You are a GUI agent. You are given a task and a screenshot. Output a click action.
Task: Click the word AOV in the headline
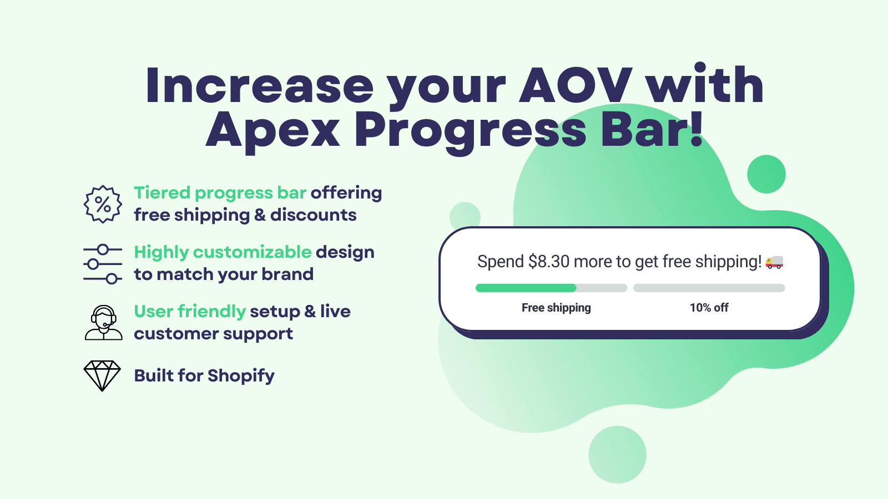click(x=576, y=86)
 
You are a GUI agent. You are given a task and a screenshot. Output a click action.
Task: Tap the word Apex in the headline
click(x=273, y=130)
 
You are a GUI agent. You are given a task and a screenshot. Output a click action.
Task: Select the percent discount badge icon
click(x=103, y=204)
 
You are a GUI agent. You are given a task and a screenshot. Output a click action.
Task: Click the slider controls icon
click(x=103, y=264)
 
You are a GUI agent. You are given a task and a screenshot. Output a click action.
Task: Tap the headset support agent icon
click(x=103, y=323)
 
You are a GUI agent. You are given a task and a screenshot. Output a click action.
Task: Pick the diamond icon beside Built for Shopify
click(x=102, y=375)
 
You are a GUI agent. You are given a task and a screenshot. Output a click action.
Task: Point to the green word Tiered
click(x=162, y=193)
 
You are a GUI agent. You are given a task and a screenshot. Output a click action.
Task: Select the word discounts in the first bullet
click(x=314, y=215)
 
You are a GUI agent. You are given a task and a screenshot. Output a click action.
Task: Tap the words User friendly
click(x=190, y=312)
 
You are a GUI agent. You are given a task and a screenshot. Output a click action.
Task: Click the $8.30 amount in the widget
click(x=549, y=262)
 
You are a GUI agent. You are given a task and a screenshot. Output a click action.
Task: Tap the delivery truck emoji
click(x=774, y=262)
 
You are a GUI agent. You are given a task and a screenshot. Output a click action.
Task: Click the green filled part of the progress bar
click(x=526, y=288)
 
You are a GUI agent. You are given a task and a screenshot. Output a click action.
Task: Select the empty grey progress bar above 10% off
click(x=709, y=288)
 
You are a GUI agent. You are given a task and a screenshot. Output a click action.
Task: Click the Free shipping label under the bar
click(x=556, y=308)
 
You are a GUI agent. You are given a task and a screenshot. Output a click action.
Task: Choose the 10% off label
click(x=709, y=308)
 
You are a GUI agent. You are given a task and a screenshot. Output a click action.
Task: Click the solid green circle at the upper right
click(x=766, y=174)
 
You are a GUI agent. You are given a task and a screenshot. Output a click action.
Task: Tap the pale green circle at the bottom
click(x=617, y=455)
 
